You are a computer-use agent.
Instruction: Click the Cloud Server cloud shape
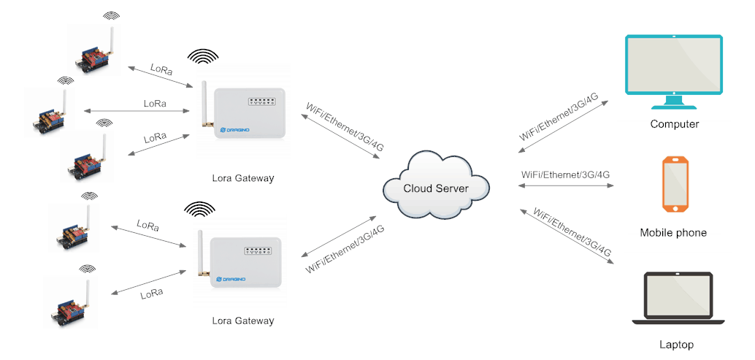(x=436, y=188)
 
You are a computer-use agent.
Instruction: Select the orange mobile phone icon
(x=674, y=183)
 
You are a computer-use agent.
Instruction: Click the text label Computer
(x=674, y=124)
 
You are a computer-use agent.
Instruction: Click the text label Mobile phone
(x=673, y=233)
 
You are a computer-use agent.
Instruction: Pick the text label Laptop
(x=675, y=345)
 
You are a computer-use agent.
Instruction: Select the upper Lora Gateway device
(x=245, y=112)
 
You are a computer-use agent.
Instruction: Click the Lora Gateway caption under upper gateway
(x=243, y=178)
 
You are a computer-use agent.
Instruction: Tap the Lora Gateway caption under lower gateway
(x=243, y=321)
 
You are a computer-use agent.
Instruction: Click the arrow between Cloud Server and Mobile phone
(x=566, y=185)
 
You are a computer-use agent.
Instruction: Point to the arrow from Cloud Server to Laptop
(x=567, y=236)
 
